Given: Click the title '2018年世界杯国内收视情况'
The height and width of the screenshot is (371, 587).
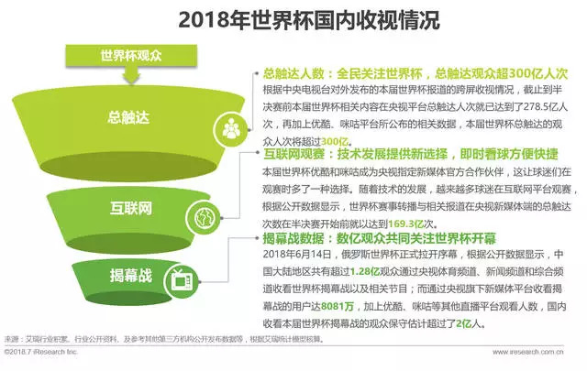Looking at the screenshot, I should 293,19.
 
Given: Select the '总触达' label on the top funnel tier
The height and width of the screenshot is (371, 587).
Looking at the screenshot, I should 127,116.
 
